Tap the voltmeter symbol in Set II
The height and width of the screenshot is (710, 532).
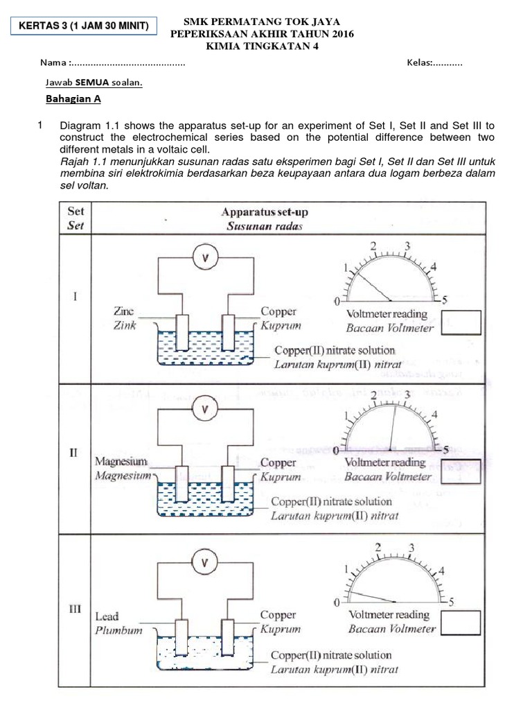tap(204, 410)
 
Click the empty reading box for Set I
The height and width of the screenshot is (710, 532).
tap(461, 323)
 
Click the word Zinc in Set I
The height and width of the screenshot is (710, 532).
tap(124, 312)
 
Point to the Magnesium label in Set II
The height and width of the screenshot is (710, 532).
tap(121, 461)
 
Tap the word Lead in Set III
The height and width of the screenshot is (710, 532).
tap(107, 616)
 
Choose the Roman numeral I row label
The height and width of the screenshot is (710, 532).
tap(75, 297)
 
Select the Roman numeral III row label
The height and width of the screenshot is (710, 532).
tap(75, 610)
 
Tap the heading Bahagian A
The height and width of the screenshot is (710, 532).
tap(73, 99)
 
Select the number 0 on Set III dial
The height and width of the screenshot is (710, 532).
tap(337, 601)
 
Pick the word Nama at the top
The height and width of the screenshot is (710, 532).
tap(53, 63)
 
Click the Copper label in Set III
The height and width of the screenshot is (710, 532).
tap(278, 615)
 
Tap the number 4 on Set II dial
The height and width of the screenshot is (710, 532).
tap(434, 415)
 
